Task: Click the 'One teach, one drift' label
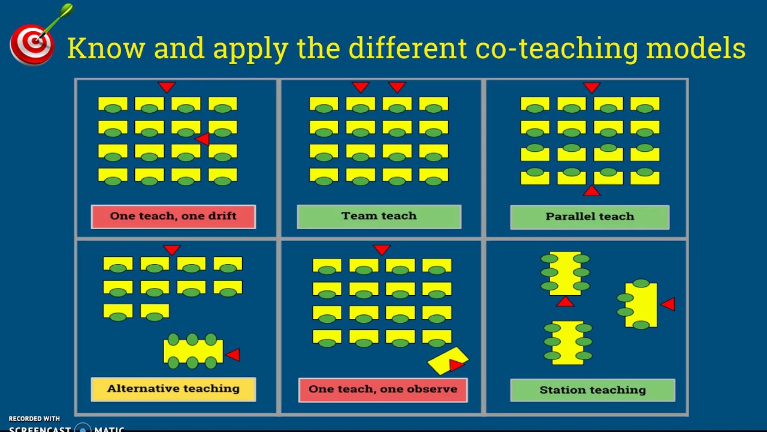[x=173, y=217]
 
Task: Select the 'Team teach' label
[x=379, y=217]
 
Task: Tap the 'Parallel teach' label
[x=590, y=217]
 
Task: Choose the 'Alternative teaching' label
[x=173, y=389]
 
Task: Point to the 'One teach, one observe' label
[x=383, y=389]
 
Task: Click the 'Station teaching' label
[x=593, y=390]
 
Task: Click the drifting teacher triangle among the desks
[x=203, y=139]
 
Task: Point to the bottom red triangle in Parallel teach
[x=591, y=191]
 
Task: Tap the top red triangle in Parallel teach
[x=591, y=88]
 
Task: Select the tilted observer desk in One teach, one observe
[x=448, y=360]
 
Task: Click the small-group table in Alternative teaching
[x=192, y=351]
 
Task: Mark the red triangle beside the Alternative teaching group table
[x=234, y=355]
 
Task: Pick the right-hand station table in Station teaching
[x=641, y=305]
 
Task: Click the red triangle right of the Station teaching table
[x=668, y=304]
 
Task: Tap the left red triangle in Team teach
[x=360, y=87]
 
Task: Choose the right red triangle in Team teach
[x=397, y=87]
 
